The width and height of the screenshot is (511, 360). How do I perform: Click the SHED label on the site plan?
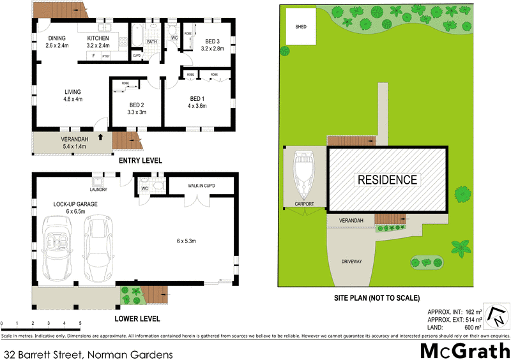click(x=300, y=27)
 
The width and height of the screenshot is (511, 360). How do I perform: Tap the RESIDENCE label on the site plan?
click(x=386, y=180)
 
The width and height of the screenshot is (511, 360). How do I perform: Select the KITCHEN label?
click(x=98, y=38)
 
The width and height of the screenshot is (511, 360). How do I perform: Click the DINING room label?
click(x=56, y=38)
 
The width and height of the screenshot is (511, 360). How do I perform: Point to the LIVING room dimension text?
click(x=73, y=99)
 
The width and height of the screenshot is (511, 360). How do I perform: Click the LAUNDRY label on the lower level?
click(x=98, y=190)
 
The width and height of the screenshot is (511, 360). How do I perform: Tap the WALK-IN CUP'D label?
click(x=201, y=186)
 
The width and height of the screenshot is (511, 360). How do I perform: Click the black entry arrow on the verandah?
click(x=100, y=136)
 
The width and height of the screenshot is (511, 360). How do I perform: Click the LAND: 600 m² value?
click(x=475, y=327)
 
